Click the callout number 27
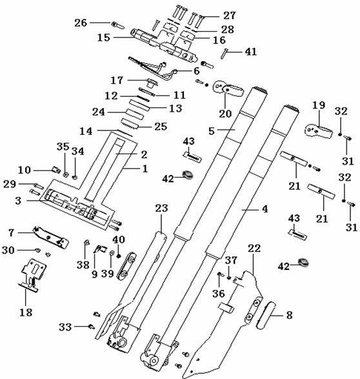pos(229,15)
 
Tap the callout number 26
pos(81,23)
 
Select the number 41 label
pos(251,52)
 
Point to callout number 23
pos(161,208)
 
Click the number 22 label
pos(254,249)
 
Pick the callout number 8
pos(289,315)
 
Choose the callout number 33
pos(65,327)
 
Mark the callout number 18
pos(26,312)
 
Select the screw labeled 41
pos(224,54)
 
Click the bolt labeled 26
pos(117,25)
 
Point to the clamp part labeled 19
pos(318,131)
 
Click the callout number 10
pos(25,170)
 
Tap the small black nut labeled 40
pos(118,256)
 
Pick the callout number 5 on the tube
pos(212,131)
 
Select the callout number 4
pos(265,209)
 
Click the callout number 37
pos(231,260)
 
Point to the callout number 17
pos(117,80)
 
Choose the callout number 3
pos(18,201)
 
